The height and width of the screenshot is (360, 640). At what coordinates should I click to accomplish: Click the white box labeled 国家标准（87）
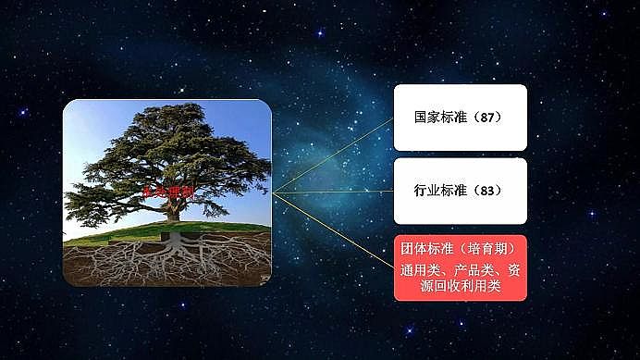460,118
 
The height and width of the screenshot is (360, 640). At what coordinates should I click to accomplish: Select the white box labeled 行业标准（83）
460,191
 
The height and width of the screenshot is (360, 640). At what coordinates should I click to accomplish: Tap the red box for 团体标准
460,267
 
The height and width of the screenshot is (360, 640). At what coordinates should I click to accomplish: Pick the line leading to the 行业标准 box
333,192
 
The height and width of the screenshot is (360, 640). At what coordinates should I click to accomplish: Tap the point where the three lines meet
274,192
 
